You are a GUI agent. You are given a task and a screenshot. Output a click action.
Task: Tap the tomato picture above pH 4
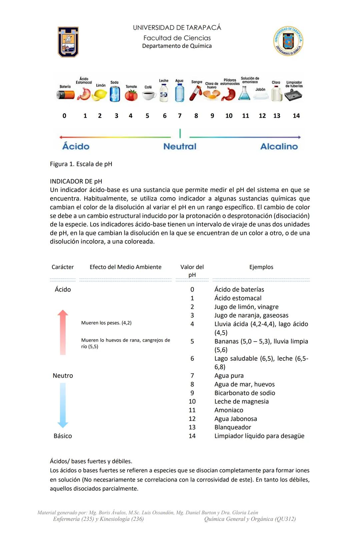click(x=131, y=95)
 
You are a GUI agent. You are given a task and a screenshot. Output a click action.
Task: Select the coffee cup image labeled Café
click(x=149, y=96)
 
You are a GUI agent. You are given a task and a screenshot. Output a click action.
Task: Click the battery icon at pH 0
click(x=65, y=95)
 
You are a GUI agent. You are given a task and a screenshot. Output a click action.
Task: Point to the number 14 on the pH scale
click(x=296, y=116)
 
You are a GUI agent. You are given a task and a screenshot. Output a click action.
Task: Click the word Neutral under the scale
click(x=180, y=146)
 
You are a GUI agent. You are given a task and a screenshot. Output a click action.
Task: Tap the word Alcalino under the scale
click(x=279, y=146)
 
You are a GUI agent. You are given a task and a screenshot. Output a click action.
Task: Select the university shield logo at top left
click(x=68, y=42)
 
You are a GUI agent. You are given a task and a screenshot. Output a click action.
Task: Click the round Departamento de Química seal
click(x=288, y=41)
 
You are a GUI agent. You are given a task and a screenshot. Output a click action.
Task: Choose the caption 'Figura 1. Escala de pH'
click(x=81, y=164)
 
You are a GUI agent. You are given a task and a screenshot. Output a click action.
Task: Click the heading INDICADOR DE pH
click(x=76, y=181)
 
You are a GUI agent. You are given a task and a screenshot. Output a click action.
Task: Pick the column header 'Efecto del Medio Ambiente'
click(x=125, y=267)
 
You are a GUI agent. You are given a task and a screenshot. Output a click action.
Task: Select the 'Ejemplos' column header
click(x=261, y=267)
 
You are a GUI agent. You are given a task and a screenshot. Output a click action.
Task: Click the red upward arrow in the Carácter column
click(x=63, y=332)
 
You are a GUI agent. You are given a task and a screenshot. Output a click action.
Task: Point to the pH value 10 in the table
click(x=192, y=402)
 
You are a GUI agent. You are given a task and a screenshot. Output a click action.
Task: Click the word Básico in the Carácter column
click(x=63, y=436)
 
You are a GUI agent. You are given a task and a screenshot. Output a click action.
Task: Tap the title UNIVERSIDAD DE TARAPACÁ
click(x=177, y=28)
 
